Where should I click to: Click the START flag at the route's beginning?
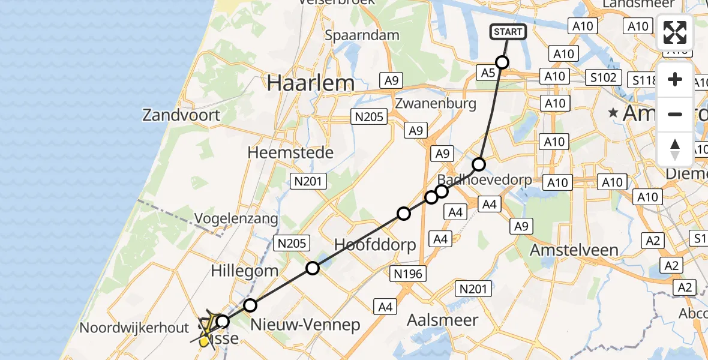(x=509, y=31)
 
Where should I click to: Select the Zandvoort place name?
(x=181, y=114)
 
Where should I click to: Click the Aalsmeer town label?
(x=442, y=320)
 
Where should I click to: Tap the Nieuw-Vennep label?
(x=305, y=325)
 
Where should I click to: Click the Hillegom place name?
(x=244, y=271)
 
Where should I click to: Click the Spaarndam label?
(x=362, y=35)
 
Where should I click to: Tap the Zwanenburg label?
(x=436, y=103)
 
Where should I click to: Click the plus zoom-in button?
(x=675, y=80)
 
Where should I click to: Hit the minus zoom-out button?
(x=675, y=114)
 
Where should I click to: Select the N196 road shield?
(x=409, y=274)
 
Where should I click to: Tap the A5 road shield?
(x=487, y=73)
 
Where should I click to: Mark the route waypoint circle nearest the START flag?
(x=502, y=62)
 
